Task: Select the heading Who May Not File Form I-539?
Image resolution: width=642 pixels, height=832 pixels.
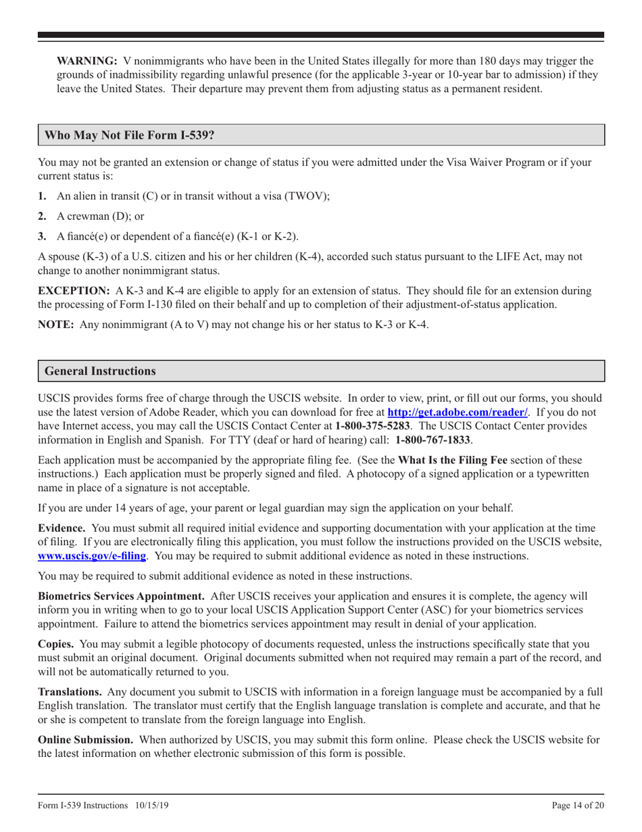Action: (x=129, y=135)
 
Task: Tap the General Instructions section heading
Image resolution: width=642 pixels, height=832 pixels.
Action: (x=100, y=371)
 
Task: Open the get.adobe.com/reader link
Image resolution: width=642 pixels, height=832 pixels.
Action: (x=457, y=411)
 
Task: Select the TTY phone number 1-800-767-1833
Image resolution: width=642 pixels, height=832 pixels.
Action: (x=433, y=440)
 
